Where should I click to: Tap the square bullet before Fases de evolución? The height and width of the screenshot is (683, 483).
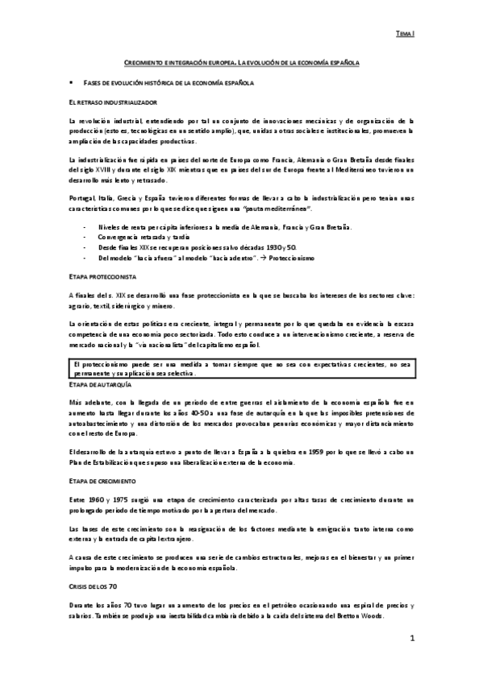[73, 83]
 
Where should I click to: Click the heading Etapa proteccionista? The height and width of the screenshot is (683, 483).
[102, 276]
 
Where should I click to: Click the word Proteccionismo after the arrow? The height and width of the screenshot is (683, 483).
[292, 258]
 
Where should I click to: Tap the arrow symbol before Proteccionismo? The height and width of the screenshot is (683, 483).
[264, 258]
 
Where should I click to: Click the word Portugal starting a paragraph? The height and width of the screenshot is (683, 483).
[82, 198]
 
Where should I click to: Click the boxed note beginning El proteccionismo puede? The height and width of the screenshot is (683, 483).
[241, 370]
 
